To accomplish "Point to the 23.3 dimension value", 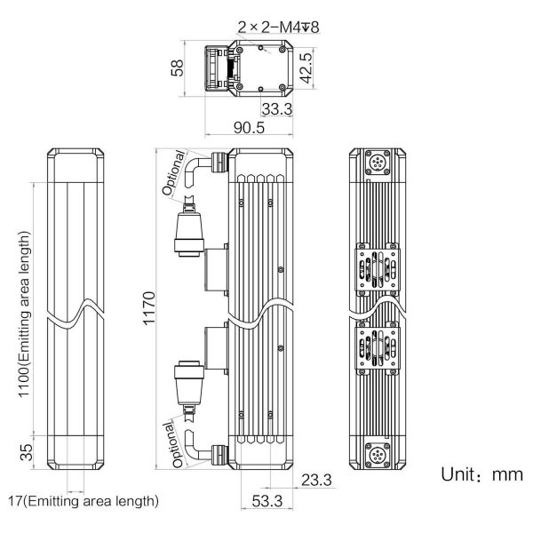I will pos(316,480).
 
